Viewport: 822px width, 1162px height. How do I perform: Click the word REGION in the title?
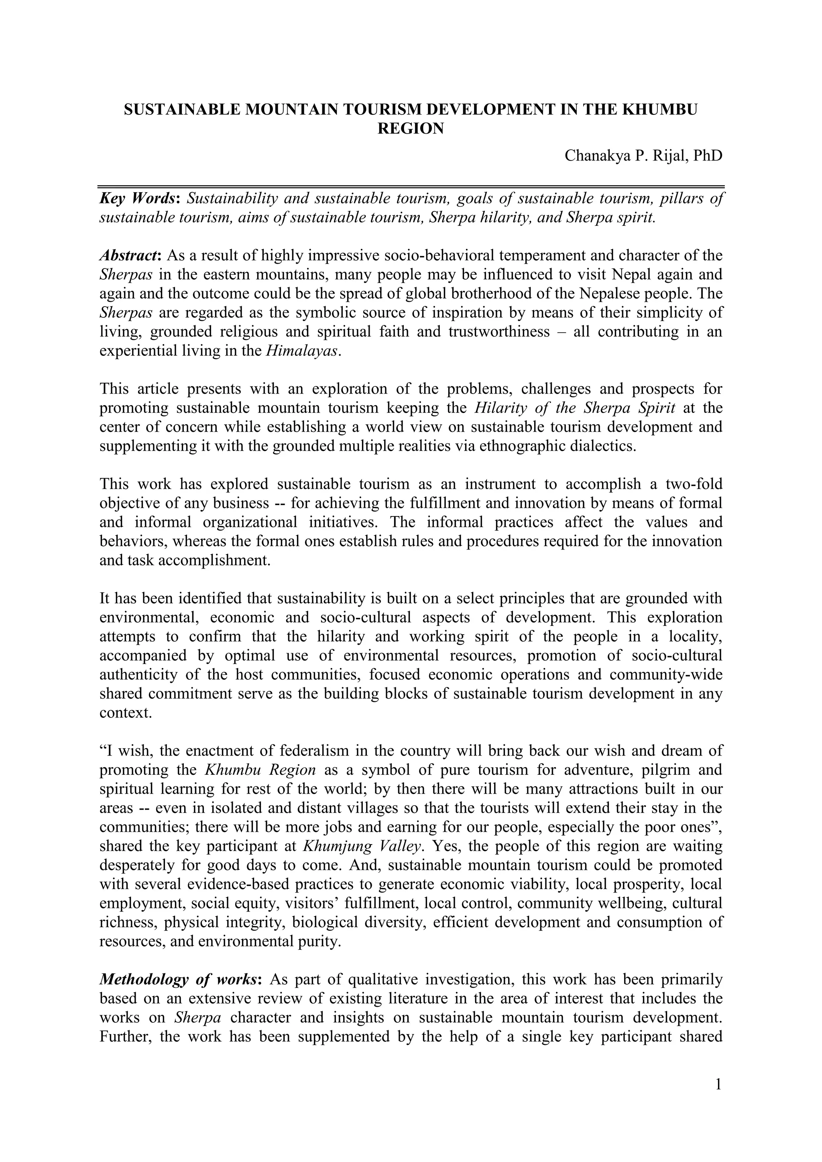(411, 128)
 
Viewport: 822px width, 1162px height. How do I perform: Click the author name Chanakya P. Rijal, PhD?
(643, 155)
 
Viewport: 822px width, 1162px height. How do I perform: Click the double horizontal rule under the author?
(411, 187)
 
